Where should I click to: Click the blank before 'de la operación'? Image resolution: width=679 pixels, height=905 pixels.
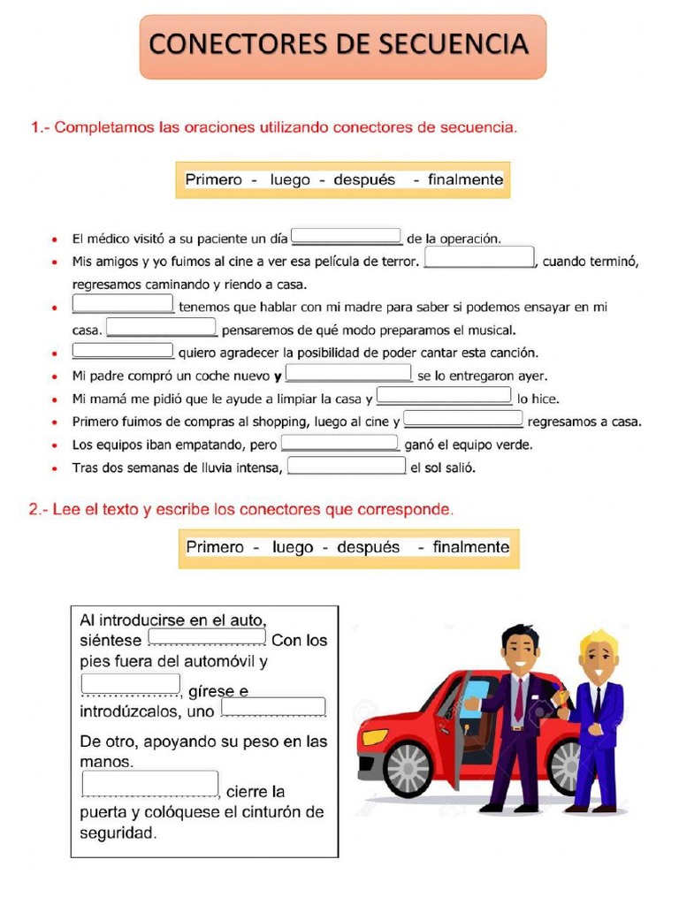click(347, 237)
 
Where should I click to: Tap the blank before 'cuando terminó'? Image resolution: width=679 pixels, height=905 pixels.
click(480, 257)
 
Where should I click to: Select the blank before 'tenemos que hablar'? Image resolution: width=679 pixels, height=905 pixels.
click(123, 305)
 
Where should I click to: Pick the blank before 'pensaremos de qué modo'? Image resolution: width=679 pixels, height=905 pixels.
click(161, 329)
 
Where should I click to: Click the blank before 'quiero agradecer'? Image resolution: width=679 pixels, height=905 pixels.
click(123, 351)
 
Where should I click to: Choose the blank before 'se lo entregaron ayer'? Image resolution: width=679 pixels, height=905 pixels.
click(349, 374)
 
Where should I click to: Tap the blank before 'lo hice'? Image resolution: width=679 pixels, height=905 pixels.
click(444, 396)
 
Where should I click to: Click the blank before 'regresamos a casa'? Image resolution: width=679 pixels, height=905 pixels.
click(463, 420)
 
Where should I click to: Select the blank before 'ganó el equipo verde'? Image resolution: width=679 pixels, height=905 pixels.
click(339, 443)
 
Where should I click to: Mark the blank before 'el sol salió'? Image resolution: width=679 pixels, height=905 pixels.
click(347, 466)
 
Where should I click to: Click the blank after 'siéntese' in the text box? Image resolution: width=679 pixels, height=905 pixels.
click(207, 636)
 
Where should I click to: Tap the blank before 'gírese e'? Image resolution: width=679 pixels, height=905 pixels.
click(130, 684)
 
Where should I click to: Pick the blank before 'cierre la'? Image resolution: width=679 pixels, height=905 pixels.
click(149, 784)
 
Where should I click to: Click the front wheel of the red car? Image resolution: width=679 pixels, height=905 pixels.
click(408, 767)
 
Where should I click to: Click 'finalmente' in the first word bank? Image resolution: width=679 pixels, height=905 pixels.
click(465, 179)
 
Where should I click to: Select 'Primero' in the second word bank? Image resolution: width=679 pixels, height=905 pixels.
click(215, 547)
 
